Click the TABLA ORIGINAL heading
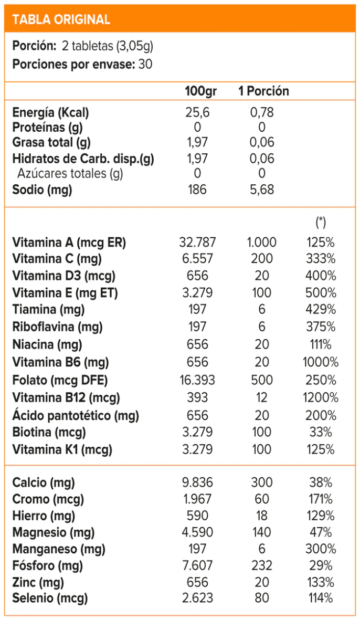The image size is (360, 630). click(x=61, y=20)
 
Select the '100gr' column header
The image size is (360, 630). click(x=200, y=91)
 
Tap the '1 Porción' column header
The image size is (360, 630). click(x=263, y=91)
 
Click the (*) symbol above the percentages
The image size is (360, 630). click(x=321, y=223)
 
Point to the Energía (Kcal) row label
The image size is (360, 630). click(x=50, y=112)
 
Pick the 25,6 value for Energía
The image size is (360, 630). click(x=197, y=112)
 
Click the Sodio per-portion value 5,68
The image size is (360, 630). click(x=262, y=190)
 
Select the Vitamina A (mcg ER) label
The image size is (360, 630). click(x=69, y=243)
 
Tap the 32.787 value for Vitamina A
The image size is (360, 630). click(x=197, y=243)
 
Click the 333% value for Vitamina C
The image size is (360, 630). click(x=321, y=259)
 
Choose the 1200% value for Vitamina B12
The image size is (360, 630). click(x=321, y=397)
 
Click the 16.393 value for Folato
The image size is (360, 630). click(x=197, y=380)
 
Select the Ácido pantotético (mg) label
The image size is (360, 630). click(x=76, y=415)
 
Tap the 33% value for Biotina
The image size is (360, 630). click(x=321, y=432)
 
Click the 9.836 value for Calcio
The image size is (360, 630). click(x=197, y=482)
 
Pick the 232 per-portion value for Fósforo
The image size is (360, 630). click(x=262, y=565)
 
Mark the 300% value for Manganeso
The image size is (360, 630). click(x=321, y=549)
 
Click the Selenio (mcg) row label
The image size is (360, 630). click(x=50, y=597)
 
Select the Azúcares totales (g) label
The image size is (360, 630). click(x=70, y=174)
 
